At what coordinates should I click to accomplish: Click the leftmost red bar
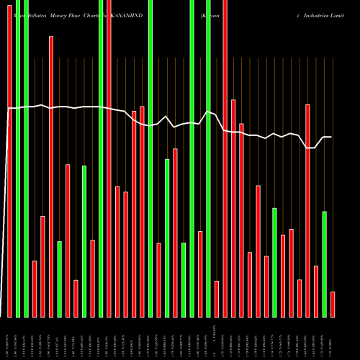pyautogui.click(x=9, y=158)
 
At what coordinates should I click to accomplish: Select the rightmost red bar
pyautogui.click(x=333, y=304)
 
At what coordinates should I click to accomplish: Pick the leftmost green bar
pyautogui.click(x=18, y=158)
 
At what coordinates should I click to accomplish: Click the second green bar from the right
pyautogui.click(x=274, y=262)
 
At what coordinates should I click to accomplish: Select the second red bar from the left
pyautogui.click(x=35, y=289)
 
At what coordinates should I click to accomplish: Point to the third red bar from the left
pyautogui.click(x=42, y=266)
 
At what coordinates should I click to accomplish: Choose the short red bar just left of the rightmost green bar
pyautogui.click(x=316, y=291)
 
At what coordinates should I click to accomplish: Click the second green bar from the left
pyautogui.click(x=26, y=158)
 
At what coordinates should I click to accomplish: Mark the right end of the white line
pyautogui.click(x=331, y=137)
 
